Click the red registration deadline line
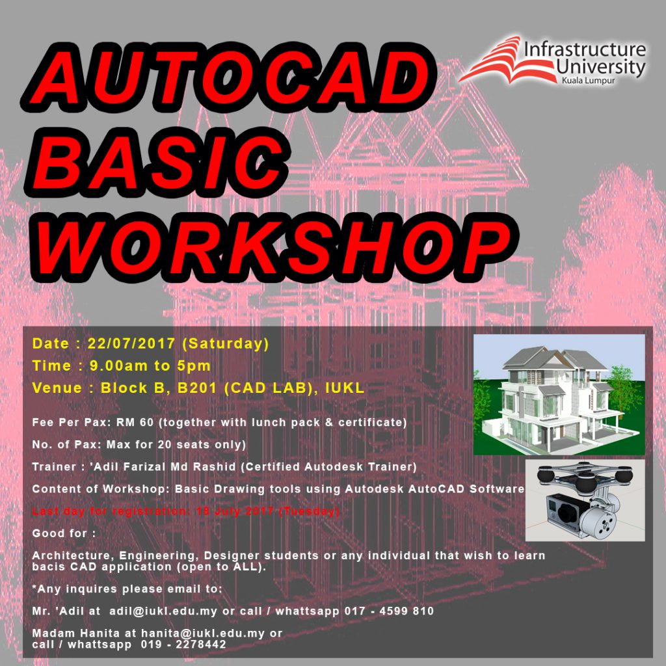click(186, 511)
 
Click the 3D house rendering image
click(559, 394)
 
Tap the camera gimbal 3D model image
click(585, 500)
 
